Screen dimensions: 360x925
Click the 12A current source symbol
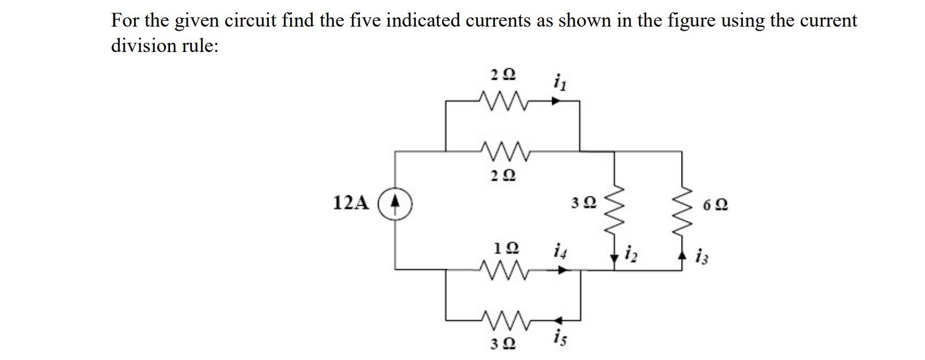point(395,204)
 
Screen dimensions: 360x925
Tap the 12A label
point(351,203)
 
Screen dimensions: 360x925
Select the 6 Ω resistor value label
point(716,205)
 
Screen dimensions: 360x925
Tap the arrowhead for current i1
point(556,101)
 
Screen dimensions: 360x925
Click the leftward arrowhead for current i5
point(558,320)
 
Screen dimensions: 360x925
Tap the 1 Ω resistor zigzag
point(503,268)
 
